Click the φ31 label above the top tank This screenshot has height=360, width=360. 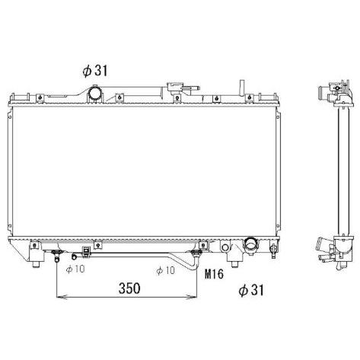point(95,71)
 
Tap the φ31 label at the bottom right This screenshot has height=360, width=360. point(251,290)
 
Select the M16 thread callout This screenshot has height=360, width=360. point(214,274)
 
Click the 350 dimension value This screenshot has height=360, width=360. point(129,288)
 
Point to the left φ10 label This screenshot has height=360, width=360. point(75,269)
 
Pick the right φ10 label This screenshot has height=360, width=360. point(165,270)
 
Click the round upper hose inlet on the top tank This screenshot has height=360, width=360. point(95,94)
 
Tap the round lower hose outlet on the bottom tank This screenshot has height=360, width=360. point(250,244)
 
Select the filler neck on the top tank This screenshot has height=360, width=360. point(175,87)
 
